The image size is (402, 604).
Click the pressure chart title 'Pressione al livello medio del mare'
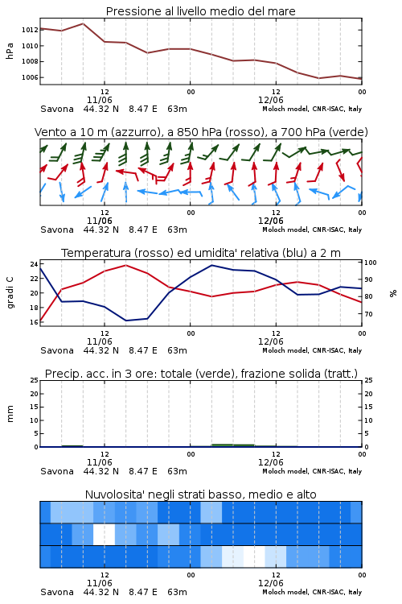click(200, 11)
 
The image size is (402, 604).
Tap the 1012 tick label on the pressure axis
click(30, 30)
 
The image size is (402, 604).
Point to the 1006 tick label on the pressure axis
click(30, 77)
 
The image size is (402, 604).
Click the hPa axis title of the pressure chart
click(10, 51)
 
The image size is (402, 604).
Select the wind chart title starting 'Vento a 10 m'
click(201, 132)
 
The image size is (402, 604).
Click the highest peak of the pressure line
click(83, 23)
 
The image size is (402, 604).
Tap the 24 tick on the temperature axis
click(34, 264)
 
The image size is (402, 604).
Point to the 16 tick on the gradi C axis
click(34, 322)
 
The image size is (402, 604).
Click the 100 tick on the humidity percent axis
click(371, 263)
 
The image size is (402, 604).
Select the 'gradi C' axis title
click(10, 293)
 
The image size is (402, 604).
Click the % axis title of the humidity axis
click(393, 293)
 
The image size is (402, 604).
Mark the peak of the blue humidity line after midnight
click(212, 265)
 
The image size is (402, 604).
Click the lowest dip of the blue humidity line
click(126, 321)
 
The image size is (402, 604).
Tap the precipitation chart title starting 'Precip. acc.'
click(201, 374)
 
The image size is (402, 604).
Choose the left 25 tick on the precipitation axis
click(34, 380)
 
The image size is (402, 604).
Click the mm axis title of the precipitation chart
click(10, 414)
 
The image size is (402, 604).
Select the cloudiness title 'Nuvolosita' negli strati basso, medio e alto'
click(200, 494)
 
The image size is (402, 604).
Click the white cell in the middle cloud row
click(105, 534)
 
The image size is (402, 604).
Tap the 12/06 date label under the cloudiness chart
click(271, 583)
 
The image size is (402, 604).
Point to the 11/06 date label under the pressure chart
click(100, 100)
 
